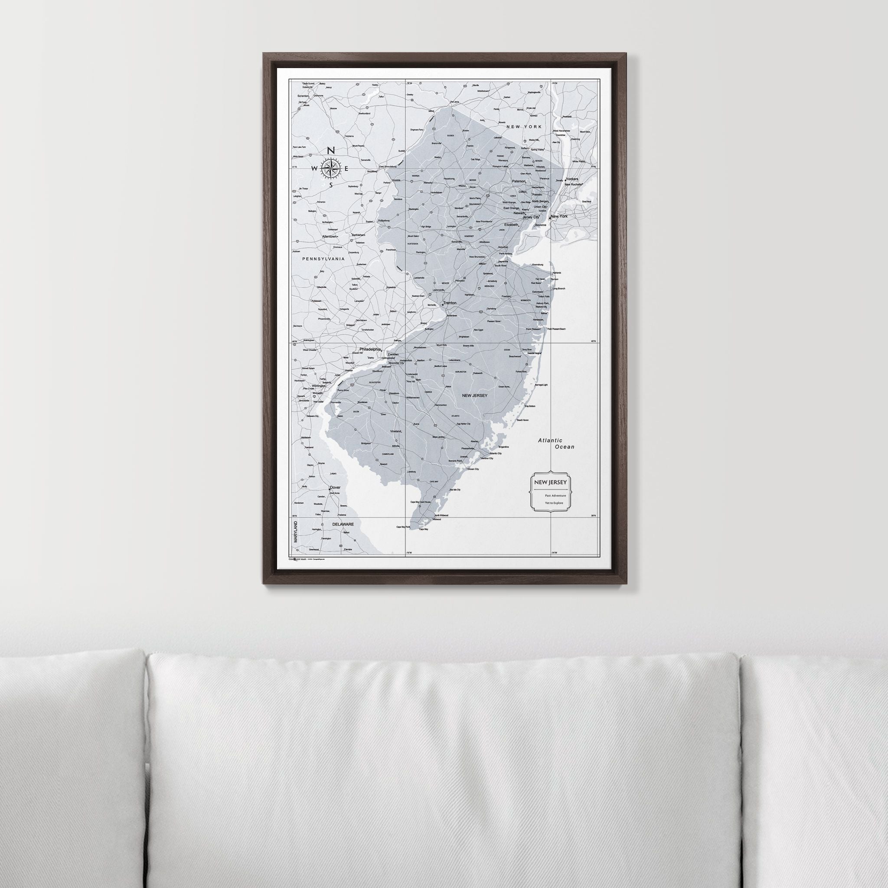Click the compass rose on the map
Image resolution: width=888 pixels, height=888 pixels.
330,168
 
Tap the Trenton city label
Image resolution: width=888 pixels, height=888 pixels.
450,303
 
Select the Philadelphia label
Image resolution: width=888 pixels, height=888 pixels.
370,349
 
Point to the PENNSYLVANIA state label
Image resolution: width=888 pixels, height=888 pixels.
323,259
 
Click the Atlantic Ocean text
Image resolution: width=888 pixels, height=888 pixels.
556,444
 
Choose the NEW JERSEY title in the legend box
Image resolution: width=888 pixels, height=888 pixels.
550,482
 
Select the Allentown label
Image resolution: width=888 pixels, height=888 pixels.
329,236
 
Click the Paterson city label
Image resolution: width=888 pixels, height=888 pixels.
519,181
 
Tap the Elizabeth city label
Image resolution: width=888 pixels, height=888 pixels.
511,225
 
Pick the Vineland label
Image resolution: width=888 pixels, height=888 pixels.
395,431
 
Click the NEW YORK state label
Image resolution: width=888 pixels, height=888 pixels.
523,127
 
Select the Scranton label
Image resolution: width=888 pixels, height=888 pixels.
303,96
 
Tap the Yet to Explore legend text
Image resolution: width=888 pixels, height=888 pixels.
553,503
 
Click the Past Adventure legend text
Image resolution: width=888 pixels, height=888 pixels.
555,496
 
